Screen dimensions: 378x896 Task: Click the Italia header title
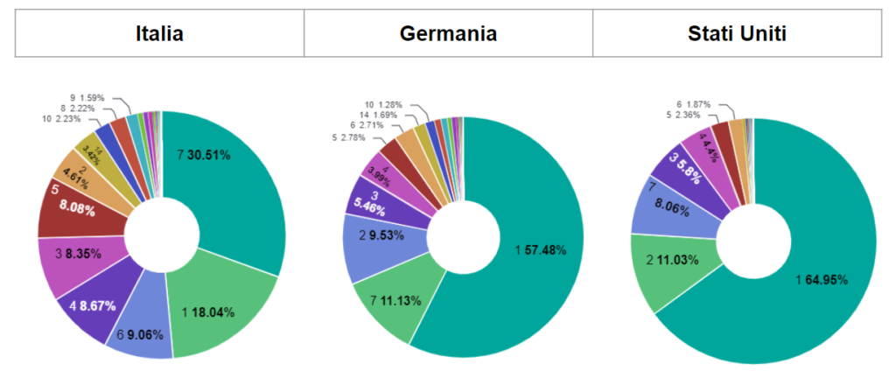point(159,35)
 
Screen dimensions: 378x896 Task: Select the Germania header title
point(448,35)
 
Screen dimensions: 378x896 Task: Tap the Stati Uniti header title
point(737,35)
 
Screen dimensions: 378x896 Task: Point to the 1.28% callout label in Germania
point(382,105)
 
